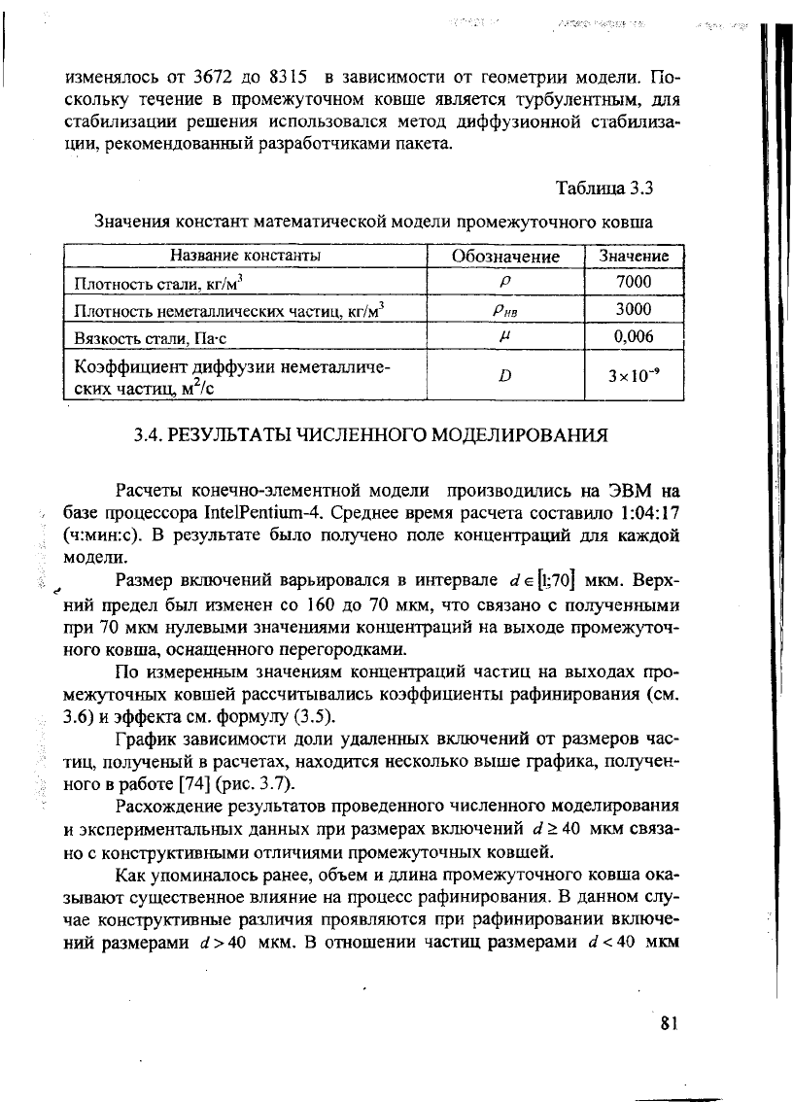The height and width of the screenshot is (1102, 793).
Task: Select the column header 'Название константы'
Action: (246, 257)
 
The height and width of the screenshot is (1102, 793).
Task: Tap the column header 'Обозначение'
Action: (506, 257)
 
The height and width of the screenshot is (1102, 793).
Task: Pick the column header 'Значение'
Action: (634, 257)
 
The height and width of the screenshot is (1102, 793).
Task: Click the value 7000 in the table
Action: (634, 283)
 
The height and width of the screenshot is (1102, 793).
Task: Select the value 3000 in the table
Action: (634, 310)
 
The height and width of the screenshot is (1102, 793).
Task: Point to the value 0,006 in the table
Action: (634, 337)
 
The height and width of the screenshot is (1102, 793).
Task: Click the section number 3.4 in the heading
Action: (149, 433)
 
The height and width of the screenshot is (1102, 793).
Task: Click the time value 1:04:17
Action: (645, 512)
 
